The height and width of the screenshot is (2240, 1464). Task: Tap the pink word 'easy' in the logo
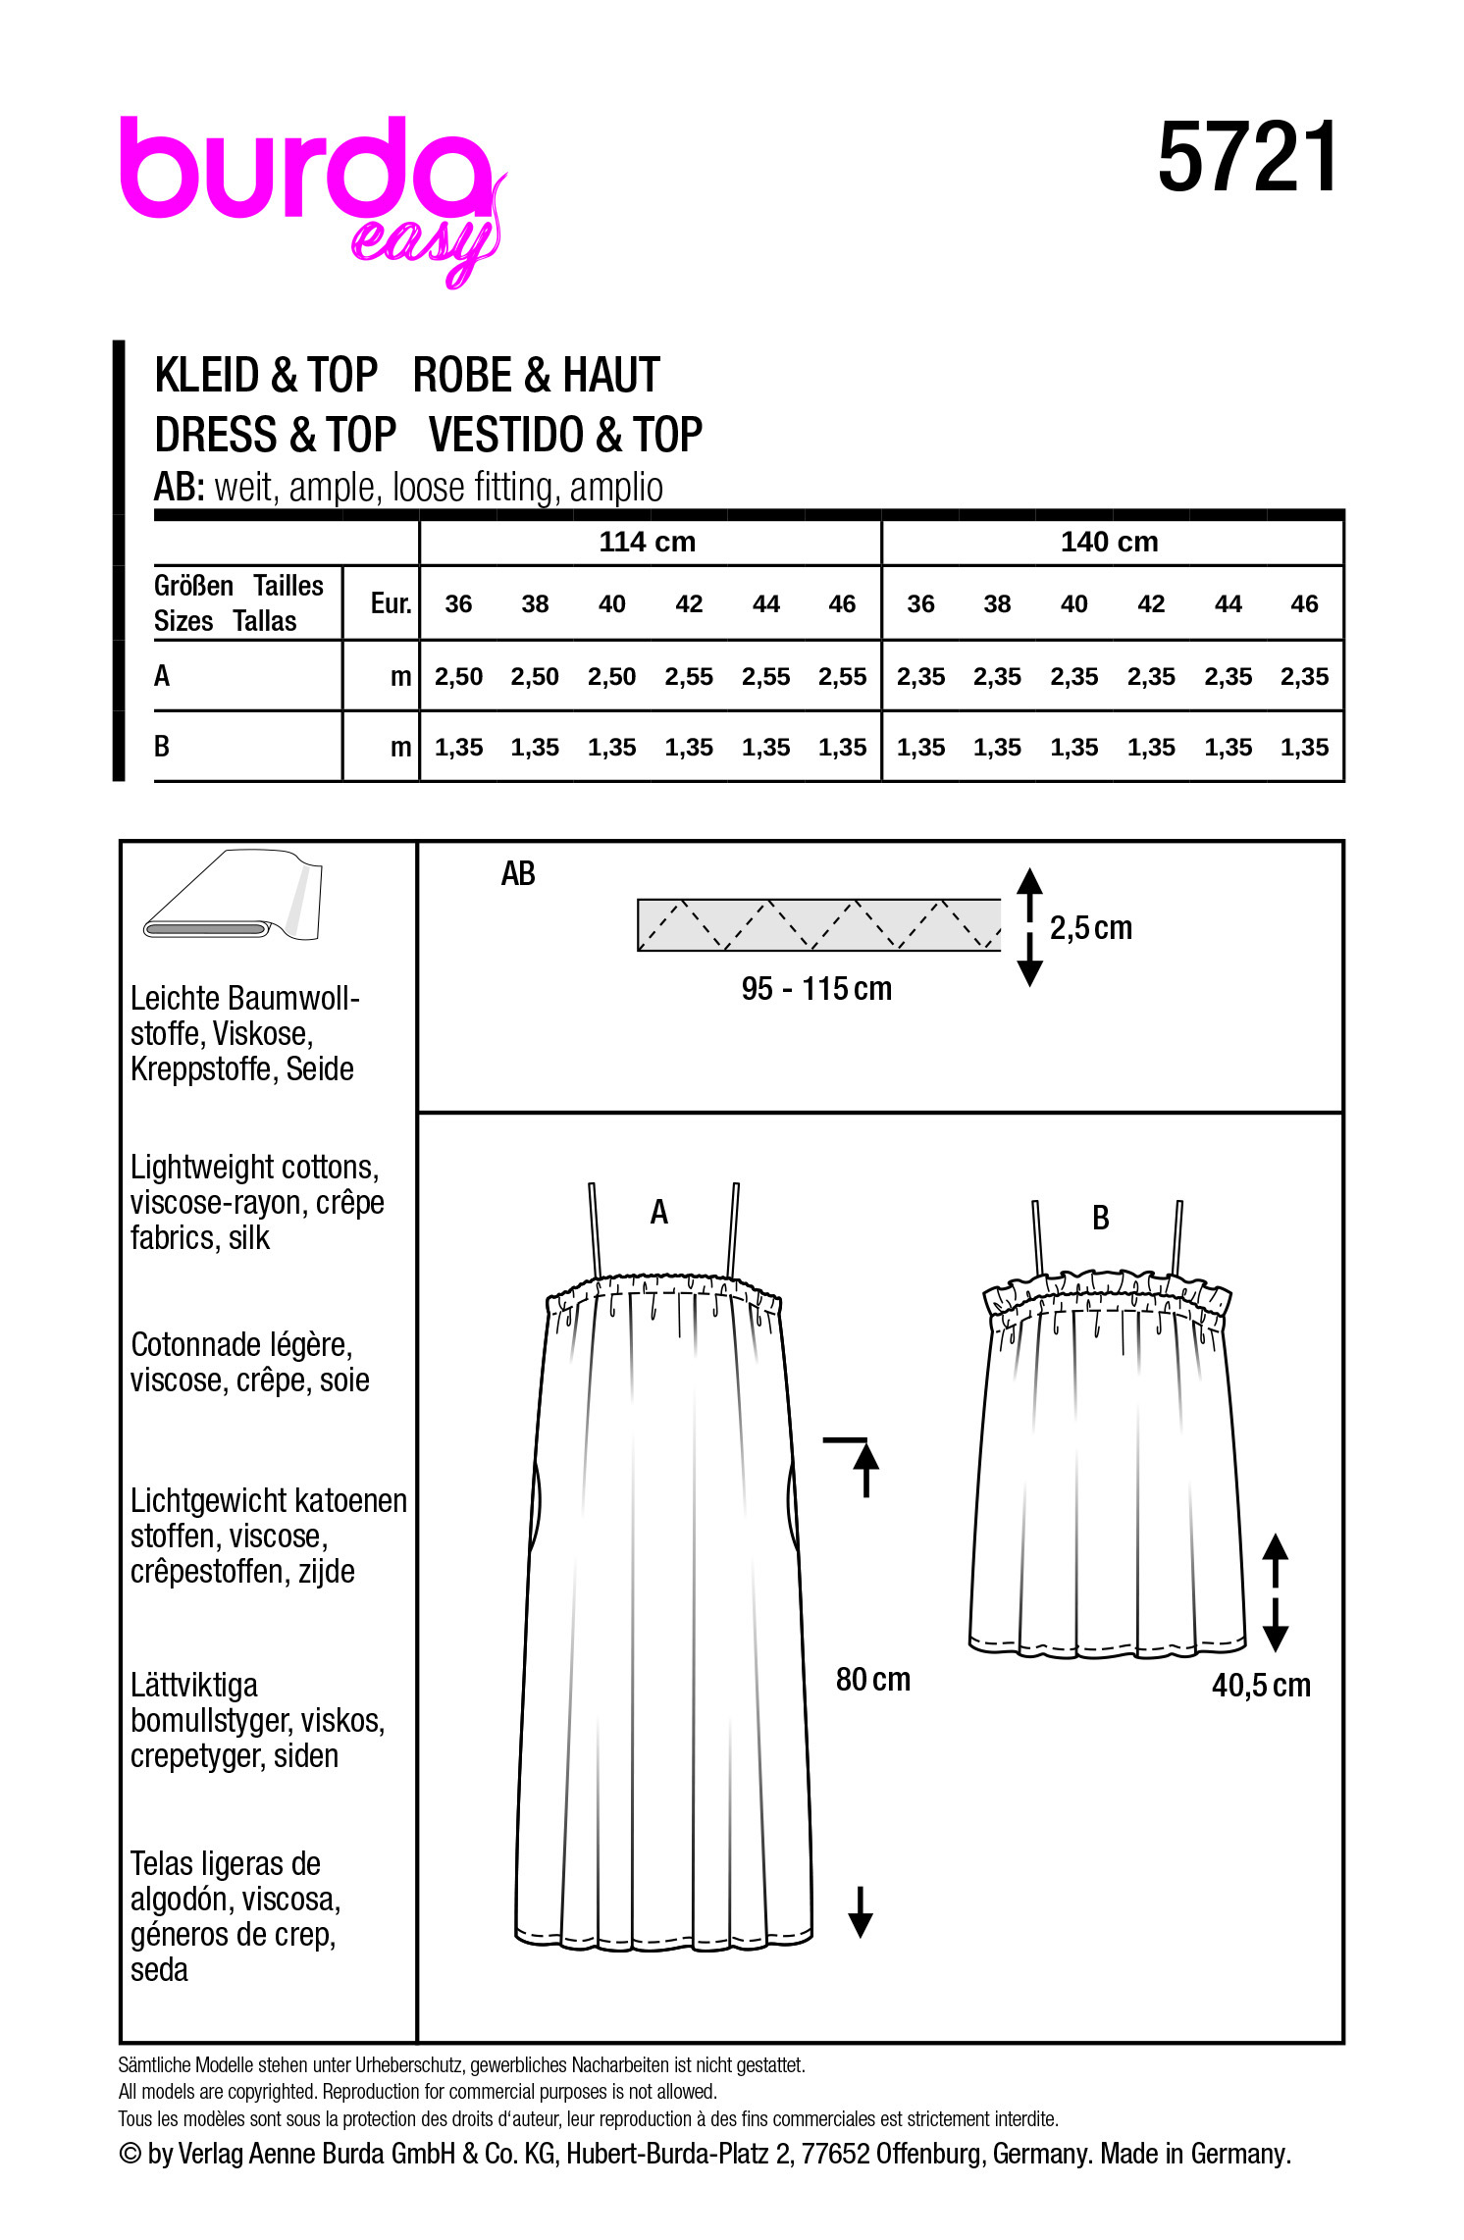click(424, 244)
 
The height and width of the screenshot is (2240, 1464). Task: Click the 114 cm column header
click(647, 542)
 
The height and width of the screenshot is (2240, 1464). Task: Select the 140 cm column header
click(1109, 542)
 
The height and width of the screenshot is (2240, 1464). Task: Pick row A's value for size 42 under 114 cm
click(689, 677)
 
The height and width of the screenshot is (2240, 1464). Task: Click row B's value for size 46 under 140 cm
click(1304, 748)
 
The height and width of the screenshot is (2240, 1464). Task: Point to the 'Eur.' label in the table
click(391, 603)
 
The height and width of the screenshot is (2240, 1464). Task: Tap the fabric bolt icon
click(234, 895)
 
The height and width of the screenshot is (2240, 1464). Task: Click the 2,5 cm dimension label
click(1090, 928)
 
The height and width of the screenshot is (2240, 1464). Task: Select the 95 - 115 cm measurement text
click(816, 989)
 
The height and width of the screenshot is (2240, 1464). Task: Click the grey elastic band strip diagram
click(818, 924)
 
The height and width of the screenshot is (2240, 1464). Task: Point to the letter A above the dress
click(659, 1214)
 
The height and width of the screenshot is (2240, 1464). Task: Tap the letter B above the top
click(1101, 1219)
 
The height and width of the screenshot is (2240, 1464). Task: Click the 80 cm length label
click(872, 1680)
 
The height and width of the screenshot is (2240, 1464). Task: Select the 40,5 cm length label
click(1261, 1686)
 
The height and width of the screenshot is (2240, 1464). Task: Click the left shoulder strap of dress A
click(596, 1230)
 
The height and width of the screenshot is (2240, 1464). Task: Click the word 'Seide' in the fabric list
click(319, 1069)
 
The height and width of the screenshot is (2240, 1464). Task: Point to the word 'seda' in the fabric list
click(159, 1970)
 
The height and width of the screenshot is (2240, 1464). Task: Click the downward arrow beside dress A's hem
click(861, 1912)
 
